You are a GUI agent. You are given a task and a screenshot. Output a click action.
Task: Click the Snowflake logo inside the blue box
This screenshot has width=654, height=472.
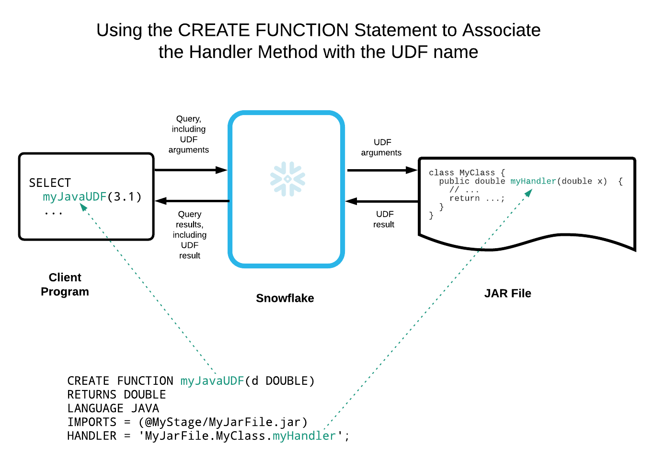click(287, 179)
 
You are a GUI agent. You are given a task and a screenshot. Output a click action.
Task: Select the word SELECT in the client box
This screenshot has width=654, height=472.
click(50, 183)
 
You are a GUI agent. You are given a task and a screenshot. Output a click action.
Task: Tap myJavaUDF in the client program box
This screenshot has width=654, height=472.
click(74, 197)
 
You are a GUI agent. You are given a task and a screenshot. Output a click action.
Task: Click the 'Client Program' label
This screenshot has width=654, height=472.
click(65, 285)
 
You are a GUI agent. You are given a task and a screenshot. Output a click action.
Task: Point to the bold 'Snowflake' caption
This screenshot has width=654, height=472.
click(285, 298)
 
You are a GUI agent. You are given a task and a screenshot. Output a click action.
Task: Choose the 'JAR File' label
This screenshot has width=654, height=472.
click(507, 293)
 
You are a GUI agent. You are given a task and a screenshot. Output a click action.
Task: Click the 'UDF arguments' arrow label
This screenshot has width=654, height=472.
click(381, 148)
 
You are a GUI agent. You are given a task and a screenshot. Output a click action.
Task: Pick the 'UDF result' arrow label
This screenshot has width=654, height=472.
click(384, 219)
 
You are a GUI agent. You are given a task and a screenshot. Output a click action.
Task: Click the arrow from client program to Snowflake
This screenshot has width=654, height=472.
click(191, 170)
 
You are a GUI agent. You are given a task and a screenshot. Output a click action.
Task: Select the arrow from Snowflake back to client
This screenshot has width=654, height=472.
click(192, 201)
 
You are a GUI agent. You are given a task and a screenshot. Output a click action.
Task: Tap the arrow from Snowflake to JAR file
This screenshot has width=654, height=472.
click(382, 170)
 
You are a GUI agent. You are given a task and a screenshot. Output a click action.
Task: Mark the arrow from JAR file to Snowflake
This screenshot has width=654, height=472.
click(382, 201)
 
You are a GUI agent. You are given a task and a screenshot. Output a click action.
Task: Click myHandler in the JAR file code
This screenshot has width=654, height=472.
click(533, 181)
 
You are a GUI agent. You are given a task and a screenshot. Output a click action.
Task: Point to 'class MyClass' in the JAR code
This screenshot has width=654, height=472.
click(462, 173)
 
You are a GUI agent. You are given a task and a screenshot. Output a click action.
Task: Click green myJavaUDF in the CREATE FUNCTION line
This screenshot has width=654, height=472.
click(212, 381)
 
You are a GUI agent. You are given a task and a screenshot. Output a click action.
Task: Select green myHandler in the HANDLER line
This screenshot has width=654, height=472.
click(304, 436)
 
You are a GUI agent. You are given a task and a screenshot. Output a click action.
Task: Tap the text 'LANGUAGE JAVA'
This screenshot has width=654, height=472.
click(113, 409)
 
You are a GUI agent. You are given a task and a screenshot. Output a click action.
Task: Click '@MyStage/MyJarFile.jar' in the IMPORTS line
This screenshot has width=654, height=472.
click(223, 423)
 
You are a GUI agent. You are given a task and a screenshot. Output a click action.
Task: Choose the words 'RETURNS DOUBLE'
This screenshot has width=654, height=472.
click(116, 395)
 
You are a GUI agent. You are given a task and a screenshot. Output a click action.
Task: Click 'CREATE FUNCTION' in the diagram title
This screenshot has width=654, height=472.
click(263, 30)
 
